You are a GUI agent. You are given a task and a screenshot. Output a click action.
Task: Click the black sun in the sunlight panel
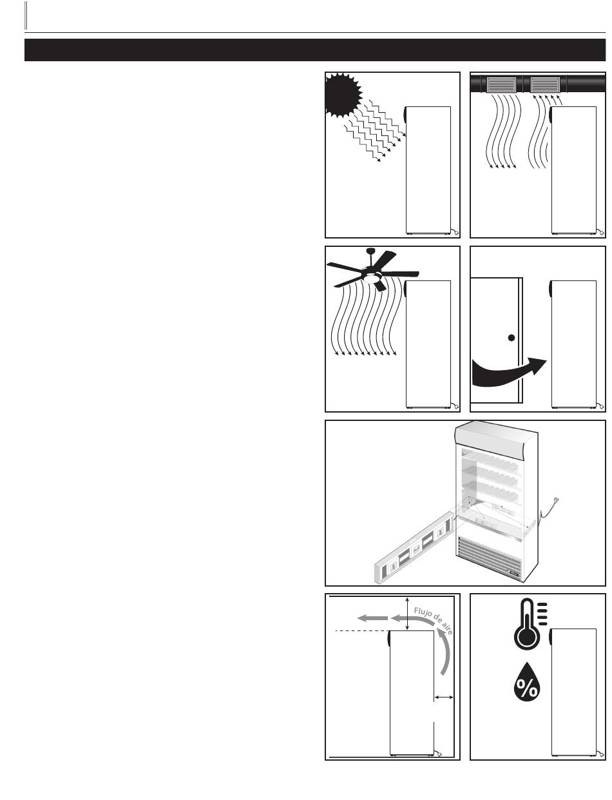(x=343, y=95)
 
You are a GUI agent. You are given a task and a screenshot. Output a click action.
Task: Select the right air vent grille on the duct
(x=545, y=84)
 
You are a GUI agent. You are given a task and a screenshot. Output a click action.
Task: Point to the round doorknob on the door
(x=512, y=338)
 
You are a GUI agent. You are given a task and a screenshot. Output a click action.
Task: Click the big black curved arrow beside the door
(x=508, y=372)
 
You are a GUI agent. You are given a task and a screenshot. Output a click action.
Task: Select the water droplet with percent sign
(x=527, y=687)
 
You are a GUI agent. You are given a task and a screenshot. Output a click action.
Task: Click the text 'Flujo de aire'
(x=434, y=620)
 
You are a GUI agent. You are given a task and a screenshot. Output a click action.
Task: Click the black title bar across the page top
(x=315, y=50)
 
